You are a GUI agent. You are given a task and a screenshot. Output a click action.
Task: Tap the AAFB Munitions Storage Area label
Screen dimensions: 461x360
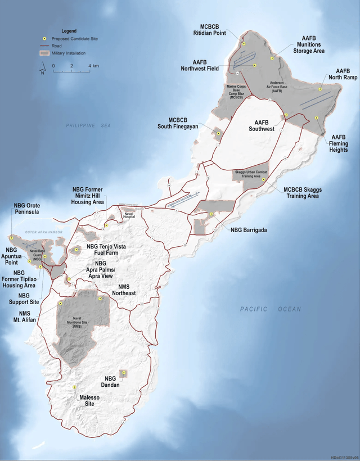coord(310,47)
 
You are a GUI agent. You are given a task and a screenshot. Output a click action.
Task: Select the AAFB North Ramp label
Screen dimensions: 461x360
coord(339,74)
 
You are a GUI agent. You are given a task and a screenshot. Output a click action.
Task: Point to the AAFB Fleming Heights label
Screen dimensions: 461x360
coord(339,144)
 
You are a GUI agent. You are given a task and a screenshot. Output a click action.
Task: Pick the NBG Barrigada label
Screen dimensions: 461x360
coord(248,229)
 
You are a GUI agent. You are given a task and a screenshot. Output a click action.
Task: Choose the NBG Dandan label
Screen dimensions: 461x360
coord(114,382)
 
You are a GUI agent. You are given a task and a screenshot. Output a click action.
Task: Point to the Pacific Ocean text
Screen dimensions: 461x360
coord(270,309)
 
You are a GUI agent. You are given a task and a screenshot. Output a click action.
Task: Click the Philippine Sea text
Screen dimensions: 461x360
coord(87,126)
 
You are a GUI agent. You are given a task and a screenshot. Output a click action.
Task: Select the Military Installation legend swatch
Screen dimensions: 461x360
coord(44,53)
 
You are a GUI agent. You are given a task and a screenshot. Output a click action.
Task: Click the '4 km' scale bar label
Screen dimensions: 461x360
coord(93,66)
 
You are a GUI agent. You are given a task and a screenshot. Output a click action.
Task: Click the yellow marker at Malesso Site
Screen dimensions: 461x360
coord(75,387)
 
